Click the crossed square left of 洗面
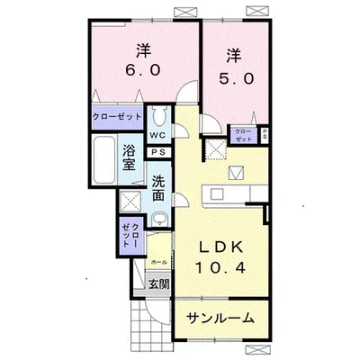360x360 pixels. click(x=130, y=201)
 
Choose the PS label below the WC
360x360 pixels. click(x=158, y=153)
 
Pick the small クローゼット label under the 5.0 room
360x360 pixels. click(x=243, y=136)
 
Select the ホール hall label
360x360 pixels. click(x=158, y=262)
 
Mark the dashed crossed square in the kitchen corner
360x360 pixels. click(x=216, y=150)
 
